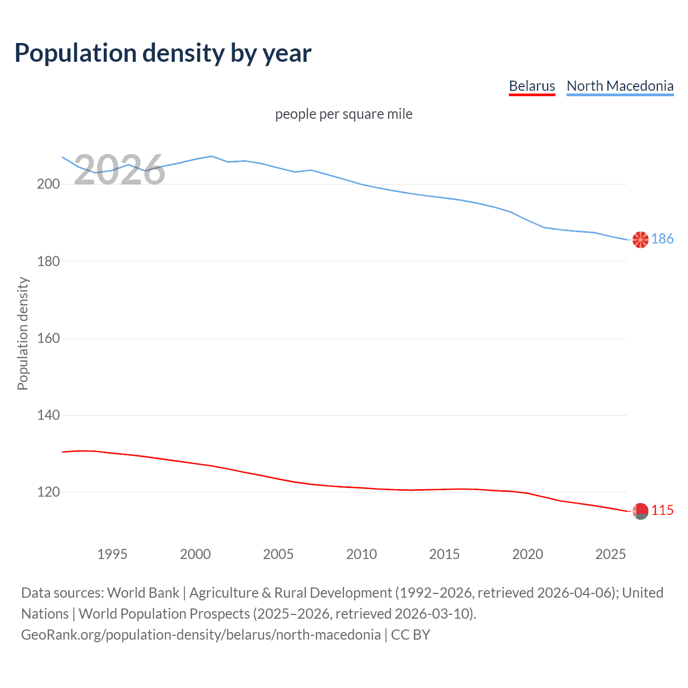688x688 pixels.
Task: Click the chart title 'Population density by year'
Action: tap(163, 53)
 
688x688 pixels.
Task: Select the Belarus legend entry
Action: tap(532, 86)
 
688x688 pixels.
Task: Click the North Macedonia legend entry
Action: tap(620, 86)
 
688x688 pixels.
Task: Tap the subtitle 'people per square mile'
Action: tap(343, 114)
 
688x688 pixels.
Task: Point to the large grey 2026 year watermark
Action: tap(119, 170)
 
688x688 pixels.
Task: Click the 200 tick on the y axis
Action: tap(48, 184)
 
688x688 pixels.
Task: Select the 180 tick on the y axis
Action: tap(48, 261)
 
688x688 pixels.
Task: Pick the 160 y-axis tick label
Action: tap(48, 339)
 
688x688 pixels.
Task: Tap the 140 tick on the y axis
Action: tap(48, 415)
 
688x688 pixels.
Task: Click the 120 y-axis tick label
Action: tap(48, 492)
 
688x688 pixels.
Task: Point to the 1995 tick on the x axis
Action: tap(112, 554)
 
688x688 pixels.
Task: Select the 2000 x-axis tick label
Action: tap(195, 554)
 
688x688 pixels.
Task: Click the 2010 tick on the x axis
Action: tap(361, 554)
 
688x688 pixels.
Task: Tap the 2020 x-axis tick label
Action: tap(527, 554)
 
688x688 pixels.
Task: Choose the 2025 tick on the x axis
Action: tap(611, 554)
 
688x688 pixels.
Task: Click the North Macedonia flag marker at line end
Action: tap(640, 240)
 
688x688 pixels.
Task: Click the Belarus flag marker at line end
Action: tap(640, 511)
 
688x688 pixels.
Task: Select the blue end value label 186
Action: tap(662, 239)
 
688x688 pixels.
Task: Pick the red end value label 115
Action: tap(662, 511)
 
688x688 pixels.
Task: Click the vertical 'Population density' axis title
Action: tap(23, 333)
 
